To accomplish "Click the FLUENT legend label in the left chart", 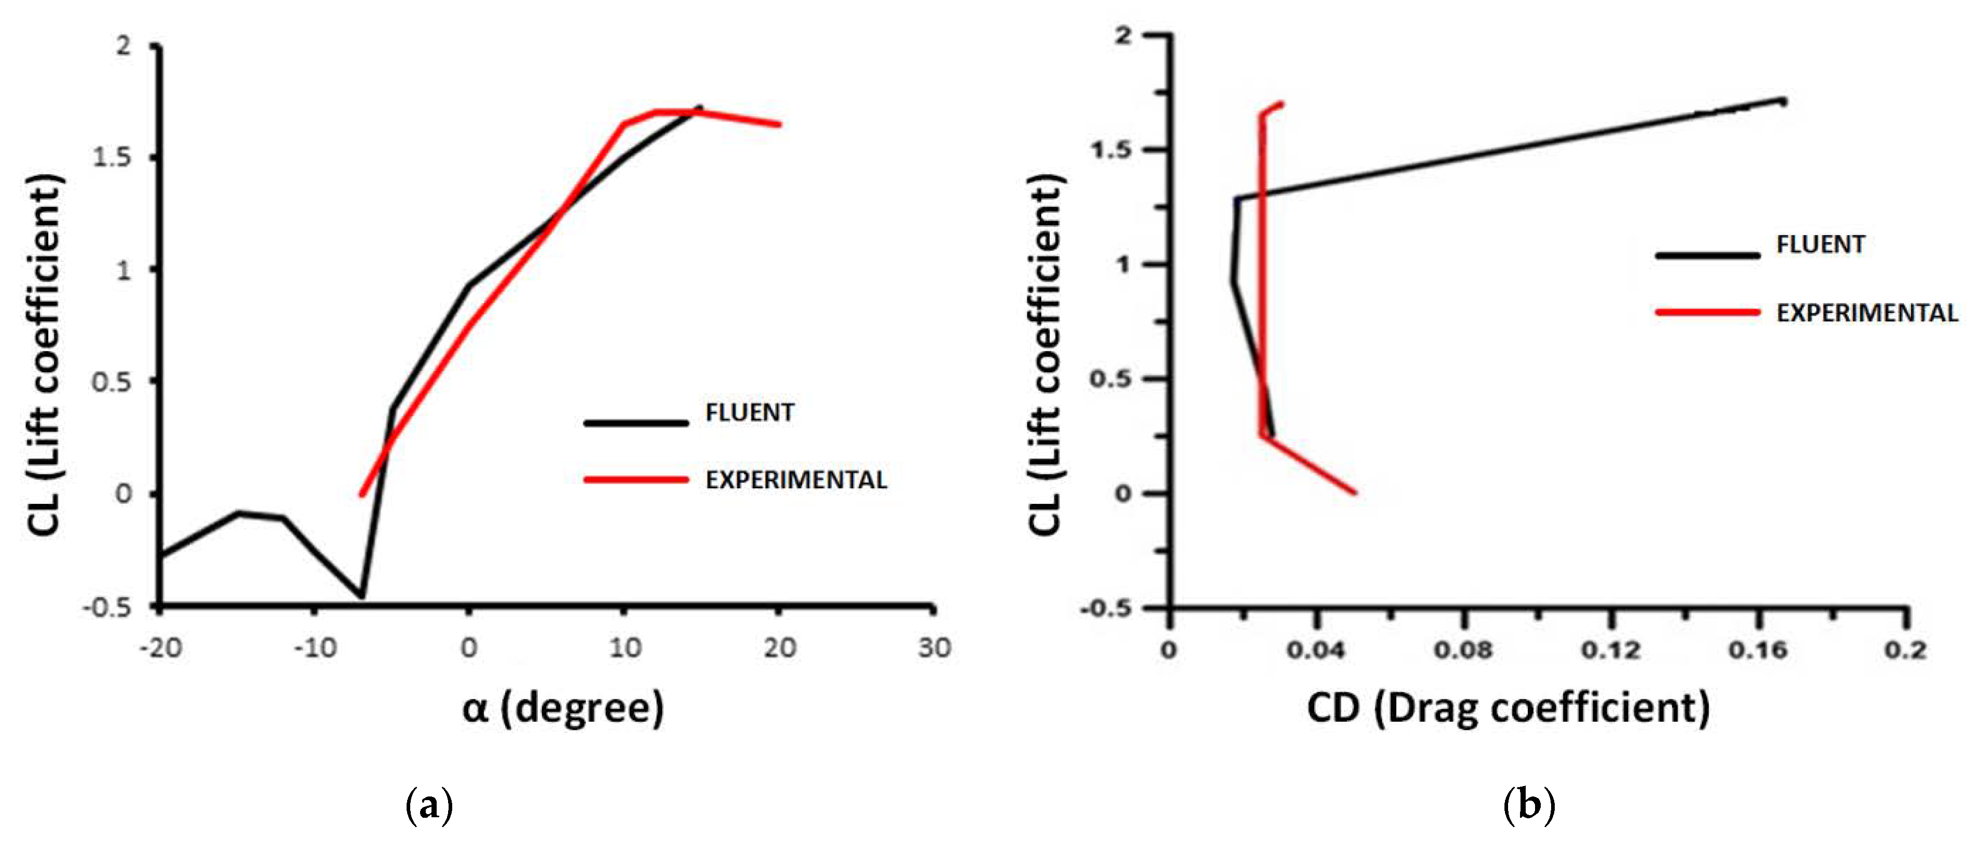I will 749,413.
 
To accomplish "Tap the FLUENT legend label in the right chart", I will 1820,245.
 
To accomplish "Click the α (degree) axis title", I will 563,708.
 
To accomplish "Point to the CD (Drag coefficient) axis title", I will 1508,708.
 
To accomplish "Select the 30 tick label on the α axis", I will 934,648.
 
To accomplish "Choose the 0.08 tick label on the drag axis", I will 1462,651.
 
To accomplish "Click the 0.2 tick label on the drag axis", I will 1905,651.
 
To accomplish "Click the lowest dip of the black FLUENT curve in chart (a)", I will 362,596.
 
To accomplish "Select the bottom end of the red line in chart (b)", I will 1355,492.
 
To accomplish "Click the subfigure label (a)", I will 430,805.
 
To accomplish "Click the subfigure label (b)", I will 1529,805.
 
